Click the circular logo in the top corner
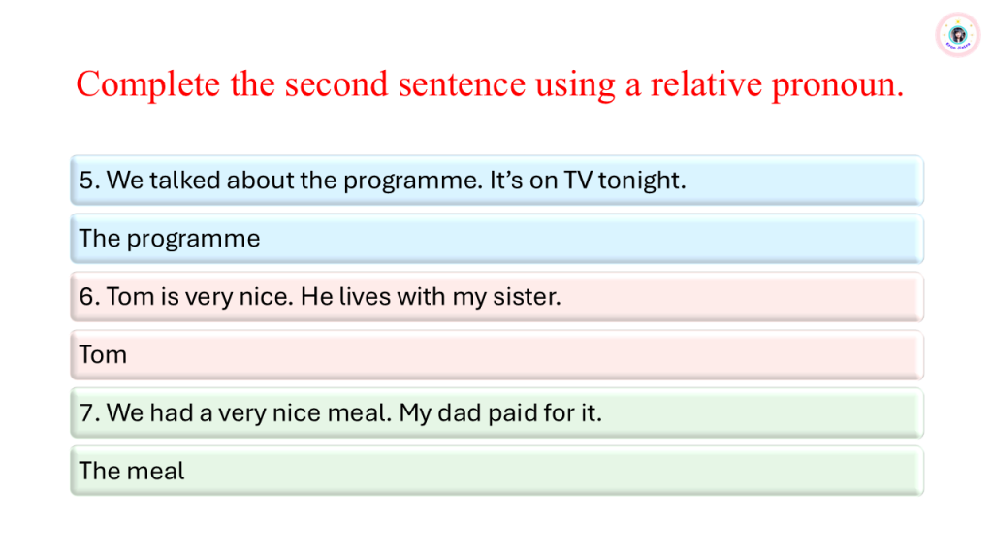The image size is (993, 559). pyautogui.click(x=957, y=35)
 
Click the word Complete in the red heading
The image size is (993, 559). pyautogui.click(x=147, y=84)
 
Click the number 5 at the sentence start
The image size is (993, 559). pyautogui.click(x=86, y=181)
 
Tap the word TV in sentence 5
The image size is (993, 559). pyautogui.click(x=578, y=181)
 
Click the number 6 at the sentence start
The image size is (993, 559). pyautogui.click(x=86, y=297)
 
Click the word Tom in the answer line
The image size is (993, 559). pyautogui.click(x=103, y=355)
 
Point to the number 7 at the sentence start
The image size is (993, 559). pyautogui.click(x=86, y=413)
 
